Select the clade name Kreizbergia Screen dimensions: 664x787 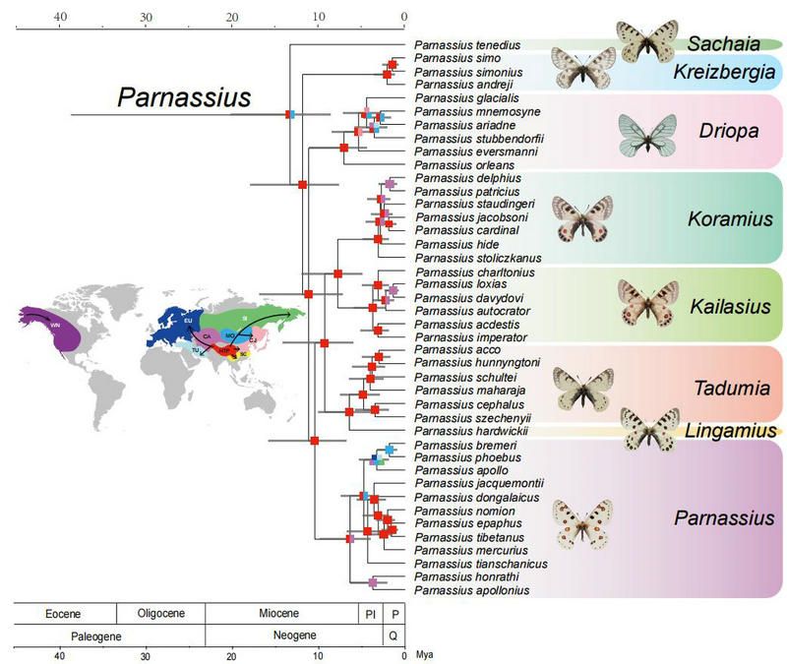click(724, 73)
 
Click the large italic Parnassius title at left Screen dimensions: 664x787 click(184, 97)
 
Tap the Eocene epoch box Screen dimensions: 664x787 click(64, 613)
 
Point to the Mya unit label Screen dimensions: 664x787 click(425, 654)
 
